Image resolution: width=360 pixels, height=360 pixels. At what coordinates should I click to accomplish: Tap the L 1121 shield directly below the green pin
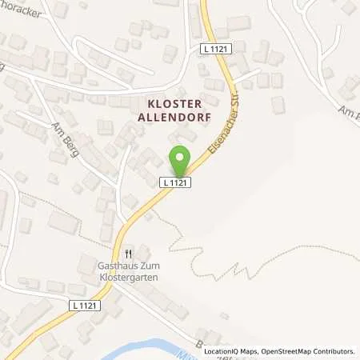pyautogui.click(x=176, y=183)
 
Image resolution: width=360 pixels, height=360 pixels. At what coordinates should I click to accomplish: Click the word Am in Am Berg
pyautogui.click(x=55, y=127)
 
